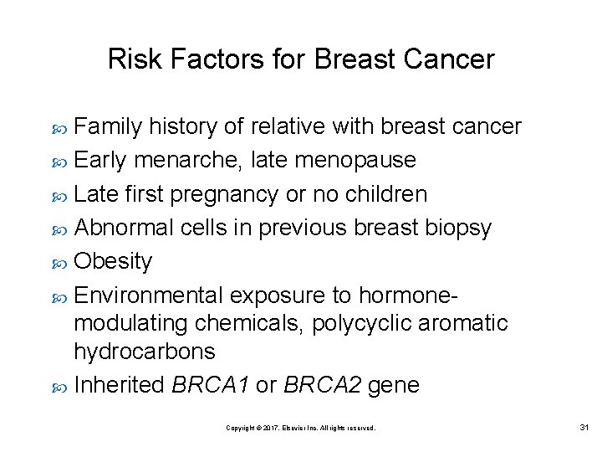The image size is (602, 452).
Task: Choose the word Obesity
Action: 113,262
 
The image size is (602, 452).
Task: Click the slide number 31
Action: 584,428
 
